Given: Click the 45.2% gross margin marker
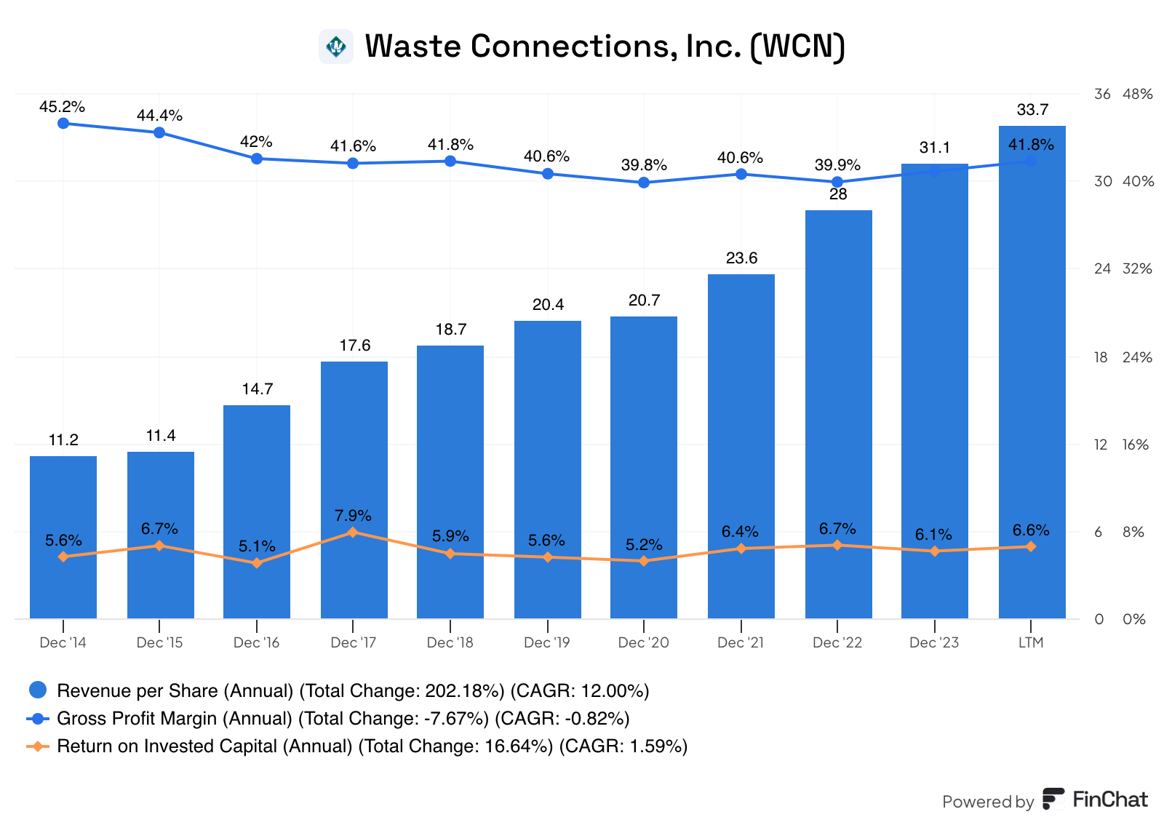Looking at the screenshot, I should coord(63,123).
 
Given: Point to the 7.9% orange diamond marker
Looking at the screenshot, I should coord(353,533).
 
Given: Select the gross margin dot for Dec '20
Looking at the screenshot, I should coord(644,183).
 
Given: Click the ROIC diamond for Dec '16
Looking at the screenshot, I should coord(256,563).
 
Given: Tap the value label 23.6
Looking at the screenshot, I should coord(741,258).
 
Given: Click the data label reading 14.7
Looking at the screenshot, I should coord(258,389).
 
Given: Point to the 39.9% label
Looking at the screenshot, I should coord(837,165).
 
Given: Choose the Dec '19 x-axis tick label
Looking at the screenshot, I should coord(547,642).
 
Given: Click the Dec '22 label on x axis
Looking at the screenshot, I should coord(837,642).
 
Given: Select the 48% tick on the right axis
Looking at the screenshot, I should coord(1138,94).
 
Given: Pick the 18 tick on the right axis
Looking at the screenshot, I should coord(1101,357).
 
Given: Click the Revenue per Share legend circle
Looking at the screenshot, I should coord(37,690).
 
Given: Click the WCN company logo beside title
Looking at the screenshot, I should coord(336,47).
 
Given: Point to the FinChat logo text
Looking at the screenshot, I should coord(1109,800).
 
